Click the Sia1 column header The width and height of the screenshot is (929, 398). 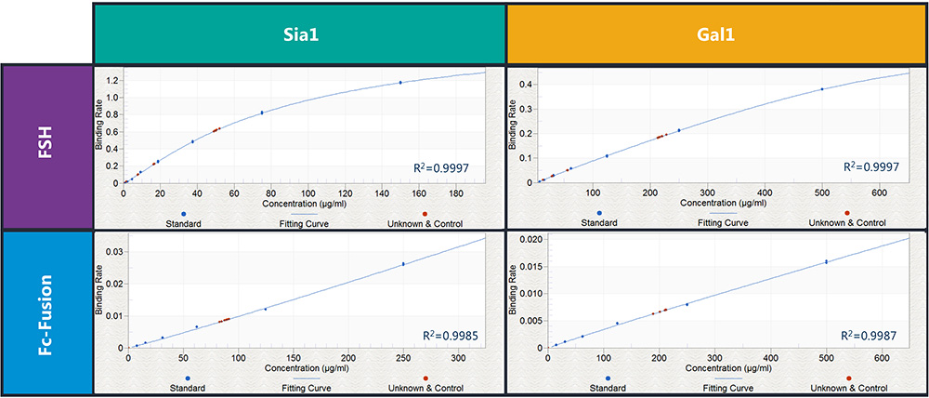pos(298,33)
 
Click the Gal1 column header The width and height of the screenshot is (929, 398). pos(715,33)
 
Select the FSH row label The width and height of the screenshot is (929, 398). pos(46,147)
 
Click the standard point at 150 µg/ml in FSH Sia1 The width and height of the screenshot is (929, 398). pos(400,83)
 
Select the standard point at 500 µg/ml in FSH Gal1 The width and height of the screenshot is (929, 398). pos(822,89)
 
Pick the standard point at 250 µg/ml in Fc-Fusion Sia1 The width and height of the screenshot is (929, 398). pos(403,264)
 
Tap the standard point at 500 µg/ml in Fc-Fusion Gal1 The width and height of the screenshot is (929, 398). pos(827,262)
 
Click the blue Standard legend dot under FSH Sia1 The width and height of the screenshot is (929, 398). pos(187,213)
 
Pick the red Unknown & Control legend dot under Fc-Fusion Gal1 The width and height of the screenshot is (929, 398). pos(849,378)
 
